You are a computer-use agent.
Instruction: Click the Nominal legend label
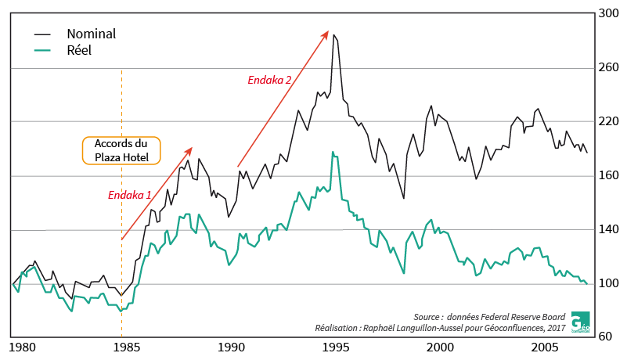91,34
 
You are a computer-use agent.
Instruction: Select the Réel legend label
80,51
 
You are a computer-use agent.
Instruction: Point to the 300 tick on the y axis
608,13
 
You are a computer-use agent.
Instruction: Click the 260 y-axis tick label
608,68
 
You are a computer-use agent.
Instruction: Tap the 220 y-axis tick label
608,122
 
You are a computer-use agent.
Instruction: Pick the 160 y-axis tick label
608,176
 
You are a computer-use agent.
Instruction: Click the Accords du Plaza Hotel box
121,151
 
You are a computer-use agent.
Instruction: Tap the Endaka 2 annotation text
269,80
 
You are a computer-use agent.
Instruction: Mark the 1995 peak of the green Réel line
333,152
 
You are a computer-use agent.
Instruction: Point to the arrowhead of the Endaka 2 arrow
327,32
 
